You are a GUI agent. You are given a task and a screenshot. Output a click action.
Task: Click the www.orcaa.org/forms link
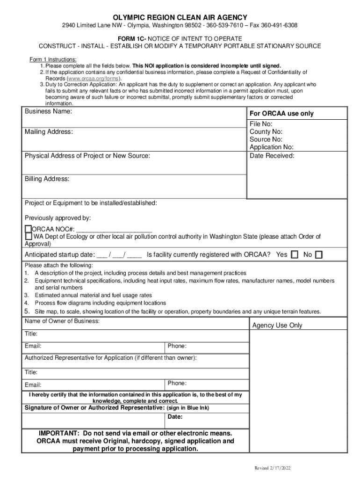point(91,79)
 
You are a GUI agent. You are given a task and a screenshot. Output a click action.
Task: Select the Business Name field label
point(48,112)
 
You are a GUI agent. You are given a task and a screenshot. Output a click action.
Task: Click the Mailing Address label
point(49,132)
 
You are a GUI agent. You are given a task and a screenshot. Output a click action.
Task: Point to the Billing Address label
point(47,179)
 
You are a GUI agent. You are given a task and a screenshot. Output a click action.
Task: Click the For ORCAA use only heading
point(281,114)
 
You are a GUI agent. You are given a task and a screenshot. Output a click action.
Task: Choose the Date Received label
point(272,155)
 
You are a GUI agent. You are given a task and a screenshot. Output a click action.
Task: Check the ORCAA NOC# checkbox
point(28,229)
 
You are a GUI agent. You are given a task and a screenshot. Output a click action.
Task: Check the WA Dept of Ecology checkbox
point(28,237)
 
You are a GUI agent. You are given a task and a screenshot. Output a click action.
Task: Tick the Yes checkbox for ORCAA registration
point(295,255)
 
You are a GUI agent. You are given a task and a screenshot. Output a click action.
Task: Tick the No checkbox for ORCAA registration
point(318,255)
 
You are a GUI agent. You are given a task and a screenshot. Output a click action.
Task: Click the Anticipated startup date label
point(59,255)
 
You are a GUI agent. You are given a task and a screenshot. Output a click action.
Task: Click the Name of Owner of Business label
point(62,321)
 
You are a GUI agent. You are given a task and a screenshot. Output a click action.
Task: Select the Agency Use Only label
point(277,325)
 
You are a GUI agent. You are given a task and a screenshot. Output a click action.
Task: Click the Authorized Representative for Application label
point(110,358)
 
